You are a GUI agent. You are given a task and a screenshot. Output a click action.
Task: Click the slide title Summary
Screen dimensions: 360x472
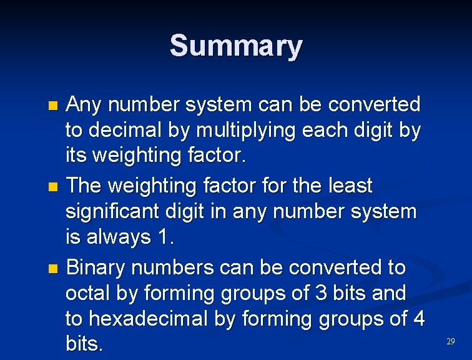pyautogui.click(x=236, y=46)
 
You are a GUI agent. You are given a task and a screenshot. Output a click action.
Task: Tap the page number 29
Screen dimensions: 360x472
pyautogui.click(x=451, y=341)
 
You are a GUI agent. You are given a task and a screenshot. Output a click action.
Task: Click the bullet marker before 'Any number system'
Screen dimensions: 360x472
pyautogui.click(x=52, y=105)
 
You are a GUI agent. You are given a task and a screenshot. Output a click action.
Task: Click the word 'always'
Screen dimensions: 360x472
pyautogui.click(x=120, y=238)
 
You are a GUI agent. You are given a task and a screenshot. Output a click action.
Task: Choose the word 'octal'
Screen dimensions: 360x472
pyautogui.click(x=92, y=293)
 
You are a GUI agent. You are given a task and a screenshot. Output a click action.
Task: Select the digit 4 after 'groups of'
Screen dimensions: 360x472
pyautogui.click(x=418, y=319)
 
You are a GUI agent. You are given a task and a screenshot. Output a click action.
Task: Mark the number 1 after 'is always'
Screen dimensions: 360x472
pyautogui.click(x=164, y=237)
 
